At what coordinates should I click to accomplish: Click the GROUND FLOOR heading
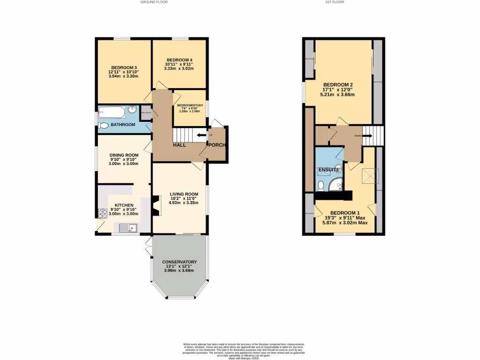click(x=154, y=2)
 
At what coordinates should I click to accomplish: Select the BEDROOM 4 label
click(x=179, y=60)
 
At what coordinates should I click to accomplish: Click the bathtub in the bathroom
click(x=112, y=112)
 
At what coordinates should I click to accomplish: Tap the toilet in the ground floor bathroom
click(x=103, y=125)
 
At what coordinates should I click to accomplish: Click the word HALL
click(x=180, y=145)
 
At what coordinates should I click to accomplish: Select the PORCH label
click(x=217, y=145)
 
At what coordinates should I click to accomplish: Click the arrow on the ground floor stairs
click(x=201, y=135)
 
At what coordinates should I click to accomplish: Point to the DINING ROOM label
click(x=124, y=155)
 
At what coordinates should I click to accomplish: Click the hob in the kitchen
click(x=103, y=213)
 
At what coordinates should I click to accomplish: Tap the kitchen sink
click(x=127, y=228)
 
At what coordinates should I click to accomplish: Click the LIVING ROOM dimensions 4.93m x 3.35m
click(x=179, y=203)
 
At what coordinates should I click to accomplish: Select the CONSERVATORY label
click(x=179, y=262)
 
